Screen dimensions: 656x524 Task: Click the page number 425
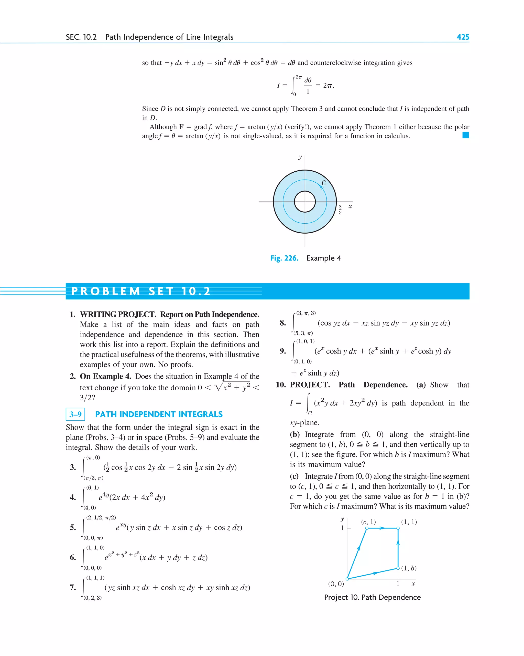(463, 37)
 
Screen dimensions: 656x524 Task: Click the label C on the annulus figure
(324, 183)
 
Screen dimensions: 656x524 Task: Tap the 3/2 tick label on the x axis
(340, 210)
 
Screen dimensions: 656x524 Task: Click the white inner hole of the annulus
(304, 201)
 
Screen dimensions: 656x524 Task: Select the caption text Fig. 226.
(284, 258)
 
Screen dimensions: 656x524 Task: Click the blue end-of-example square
(465, 135)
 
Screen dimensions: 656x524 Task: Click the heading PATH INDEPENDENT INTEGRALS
(159, 414)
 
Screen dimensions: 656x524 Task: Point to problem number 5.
(73, 527)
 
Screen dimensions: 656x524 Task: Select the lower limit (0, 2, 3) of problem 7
(92, 598)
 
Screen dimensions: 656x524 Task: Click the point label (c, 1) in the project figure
(368, 522)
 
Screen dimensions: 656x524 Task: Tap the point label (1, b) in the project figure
(409, 568)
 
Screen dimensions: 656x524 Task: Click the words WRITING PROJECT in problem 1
(118, 314)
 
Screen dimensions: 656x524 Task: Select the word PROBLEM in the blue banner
(105, 291)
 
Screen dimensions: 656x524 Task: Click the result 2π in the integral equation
(328, 86)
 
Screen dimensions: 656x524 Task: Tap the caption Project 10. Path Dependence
(372, 597)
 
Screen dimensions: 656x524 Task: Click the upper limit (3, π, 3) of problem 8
(306, 313)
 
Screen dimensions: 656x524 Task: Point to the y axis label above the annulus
(300, 157)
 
